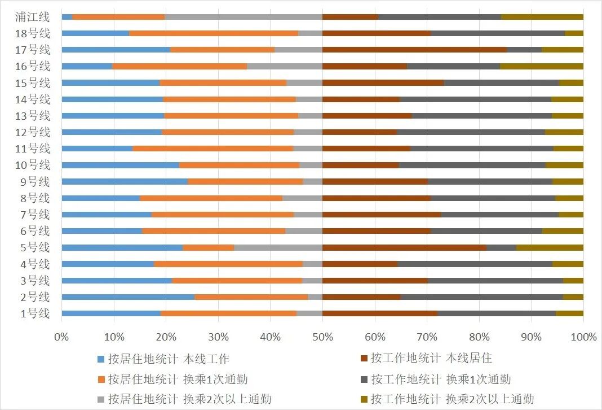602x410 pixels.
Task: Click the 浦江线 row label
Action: click(x=33, y=16)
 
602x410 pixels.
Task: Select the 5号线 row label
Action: click(x=35, y=247)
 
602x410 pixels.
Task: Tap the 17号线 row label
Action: click(x=33, y=50)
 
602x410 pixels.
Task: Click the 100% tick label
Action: click(x=583, y=337)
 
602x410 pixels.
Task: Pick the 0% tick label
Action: click(x=61, y=337)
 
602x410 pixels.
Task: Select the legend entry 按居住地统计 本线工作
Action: click(x=163, y=359)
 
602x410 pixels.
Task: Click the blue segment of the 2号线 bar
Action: click(x=128, y=297)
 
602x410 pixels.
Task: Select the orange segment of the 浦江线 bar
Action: click(x=118, y=17)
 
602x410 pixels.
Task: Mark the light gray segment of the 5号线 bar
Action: click(x=278, y=247)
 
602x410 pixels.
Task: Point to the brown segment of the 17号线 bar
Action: click(x=414, y=50)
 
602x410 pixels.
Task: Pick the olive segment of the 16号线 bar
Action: click(x=542, y=66)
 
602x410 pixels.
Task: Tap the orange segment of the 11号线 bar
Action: click(x=213, y=149)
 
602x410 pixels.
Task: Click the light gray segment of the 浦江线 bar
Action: click(x=244, y=17)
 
